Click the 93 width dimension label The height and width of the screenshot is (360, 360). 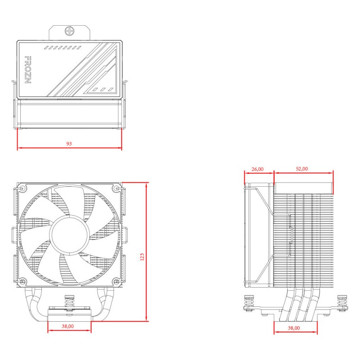(x=69, y=144)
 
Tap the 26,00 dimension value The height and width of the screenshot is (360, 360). (x=258, y=169)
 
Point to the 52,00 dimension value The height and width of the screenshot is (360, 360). (x=302, y=169)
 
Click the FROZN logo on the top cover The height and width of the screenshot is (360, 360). (x=27, y=71)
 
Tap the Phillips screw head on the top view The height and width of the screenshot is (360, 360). (x=69, y=31)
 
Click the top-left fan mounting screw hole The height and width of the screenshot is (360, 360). (x=22, y=188)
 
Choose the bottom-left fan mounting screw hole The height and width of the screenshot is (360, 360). (x=22, y=282)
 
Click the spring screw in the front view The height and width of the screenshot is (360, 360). (x=69, y=301)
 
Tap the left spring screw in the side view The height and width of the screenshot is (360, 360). (x=248, y=303)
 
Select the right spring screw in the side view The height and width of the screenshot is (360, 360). (x=343, y=303)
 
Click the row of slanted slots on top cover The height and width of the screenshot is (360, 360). (x=63, y=47)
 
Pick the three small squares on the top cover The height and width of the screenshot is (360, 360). (x=103, y=89)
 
